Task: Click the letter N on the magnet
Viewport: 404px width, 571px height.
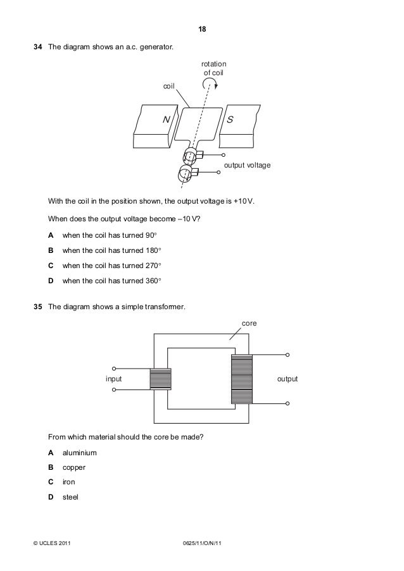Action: pyautogui.click(x=166, y=119)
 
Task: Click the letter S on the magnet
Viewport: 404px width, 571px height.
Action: pyautogui.click(x=230, y=119)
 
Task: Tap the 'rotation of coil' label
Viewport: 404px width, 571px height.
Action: pyautogui.click(x=213, y=69)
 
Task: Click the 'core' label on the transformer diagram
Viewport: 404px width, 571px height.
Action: pyautogui.click(x=249, y=323)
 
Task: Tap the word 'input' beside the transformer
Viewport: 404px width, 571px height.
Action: pyautogui.click(x=113, y=379)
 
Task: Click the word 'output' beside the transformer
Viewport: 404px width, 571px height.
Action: pyautogui.click(x=287, y=379)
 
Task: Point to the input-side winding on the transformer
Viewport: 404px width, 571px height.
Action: pyautogui.click(x=160, y=379)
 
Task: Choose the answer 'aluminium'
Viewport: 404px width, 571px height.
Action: pyautogui.click(x=80, y=453)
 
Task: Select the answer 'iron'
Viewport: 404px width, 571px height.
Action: pyautogui.click(x=69, y=482)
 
